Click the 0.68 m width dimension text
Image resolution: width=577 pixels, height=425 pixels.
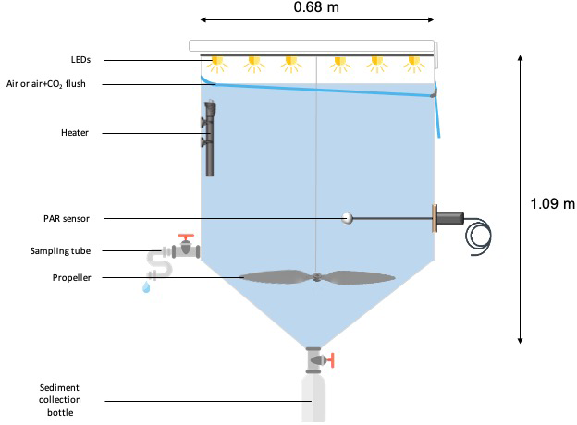[316, 7]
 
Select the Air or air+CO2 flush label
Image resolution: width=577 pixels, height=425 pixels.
[68, 84]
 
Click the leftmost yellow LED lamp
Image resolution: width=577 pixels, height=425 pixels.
[218, 64]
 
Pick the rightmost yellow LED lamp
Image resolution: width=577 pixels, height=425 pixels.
[413, 64]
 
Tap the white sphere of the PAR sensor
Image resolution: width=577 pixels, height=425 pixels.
[348, 219]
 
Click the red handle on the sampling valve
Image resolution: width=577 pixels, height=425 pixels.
[187, 237]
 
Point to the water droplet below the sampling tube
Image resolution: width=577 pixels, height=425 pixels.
[145, 288]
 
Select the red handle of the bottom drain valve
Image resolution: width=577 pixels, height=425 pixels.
[329, 359]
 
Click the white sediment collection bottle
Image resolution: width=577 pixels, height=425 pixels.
[316, 399]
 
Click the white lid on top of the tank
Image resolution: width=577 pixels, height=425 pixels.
[312, 45]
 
